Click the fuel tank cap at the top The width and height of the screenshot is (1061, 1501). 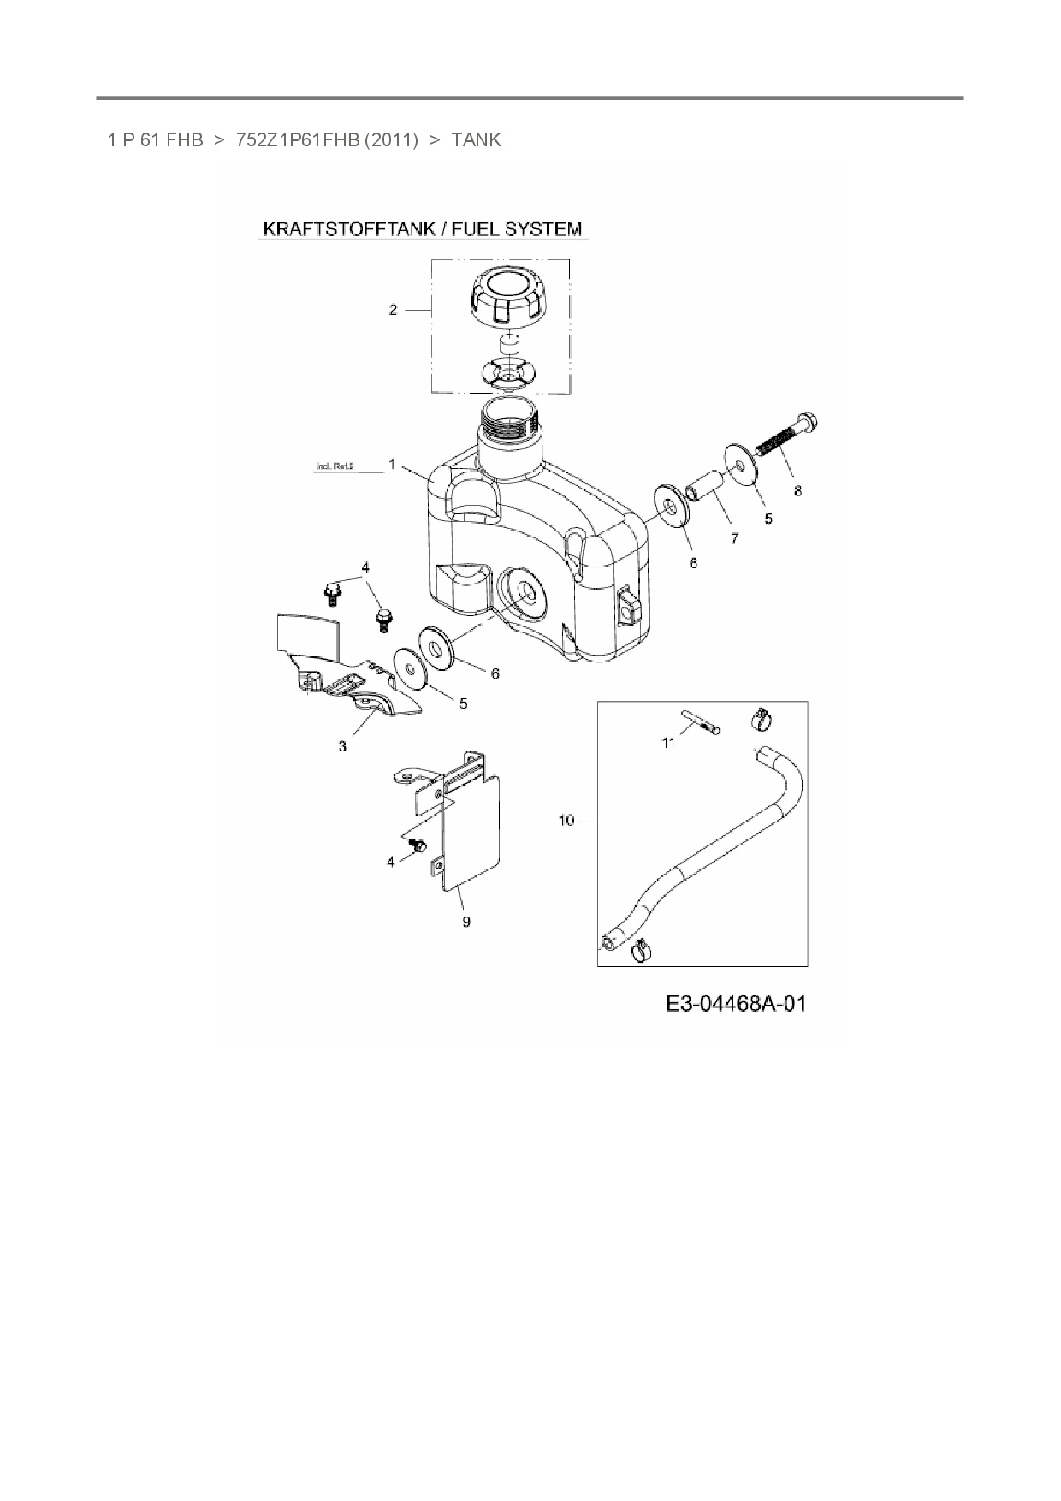[x=506, y=300]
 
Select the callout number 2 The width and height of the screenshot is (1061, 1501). [x=394, y=310]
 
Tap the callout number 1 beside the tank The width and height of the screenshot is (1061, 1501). [x=392, y=464]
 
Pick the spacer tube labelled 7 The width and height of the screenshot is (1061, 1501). [x=707, y=485]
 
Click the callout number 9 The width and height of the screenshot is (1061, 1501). [x=466, y=922]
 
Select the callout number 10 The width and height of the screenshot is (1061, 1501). [x=566, y=821]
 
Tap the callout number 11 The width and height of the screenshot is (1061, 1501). [x=668, y=743]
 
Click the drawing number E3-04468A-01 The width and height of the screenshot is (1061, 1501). [x=736, y=1003]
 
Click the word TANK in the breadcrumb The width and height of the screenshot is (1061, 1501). [x=476, y=139]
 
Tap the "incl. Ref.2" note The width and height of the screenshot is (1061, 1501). [x=335, y=466]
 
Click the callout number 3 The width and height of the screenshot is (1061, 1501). [x=342, y=746]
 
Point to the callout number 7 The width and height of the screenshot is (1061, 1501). [x=734, y=539]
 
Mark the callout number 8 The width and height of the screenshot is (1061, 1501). [x=798, y=491]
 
